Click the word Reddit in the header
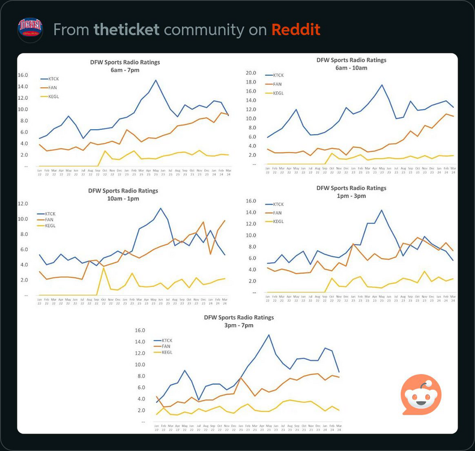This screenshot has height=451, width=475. tap(295, 29)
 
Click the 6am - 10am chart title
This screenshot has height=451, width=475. tap(351, 64)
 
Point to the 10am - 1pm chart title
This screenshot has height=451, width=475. tap(123, 195)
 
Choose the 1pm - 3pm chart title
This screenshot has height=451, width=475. tap(351, 192)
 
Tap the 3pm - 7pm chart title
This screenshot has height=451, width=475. tap(238, 321)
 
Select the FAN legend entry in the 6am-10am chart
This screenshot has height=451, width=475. tap(277, 84)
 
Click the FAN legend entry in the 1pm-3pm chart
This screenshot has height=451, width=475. tap(277, 213)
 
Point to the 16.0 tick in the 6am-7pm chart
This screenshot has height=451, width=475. tap(23, 75)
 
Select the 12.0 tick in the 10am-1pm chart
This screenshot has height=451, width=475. tap(23, 203)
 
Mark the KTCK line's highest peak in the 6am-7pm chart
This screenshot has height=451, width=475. tap(156, 80)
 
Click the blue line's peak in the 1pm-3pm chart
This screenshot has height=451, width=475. tap(381, 210)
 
